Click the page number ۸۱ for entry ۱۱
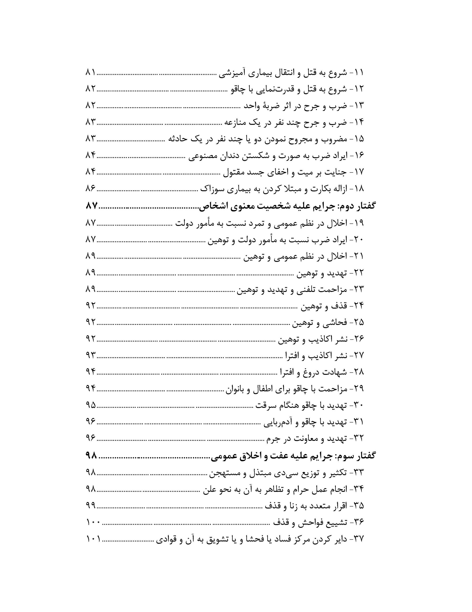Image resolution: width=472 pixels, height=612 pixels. pos(91,73)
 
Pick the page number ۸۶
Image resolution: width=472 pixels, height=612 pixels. pos(91,189)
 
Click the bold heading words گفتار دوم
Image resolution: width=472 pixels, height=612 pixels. pos(357,206)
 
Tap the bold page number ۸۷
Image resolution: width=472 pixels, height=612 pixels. pos(91,206)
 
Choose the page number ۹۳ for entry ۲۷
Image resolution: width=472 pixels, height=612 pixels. pos(91,355)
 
